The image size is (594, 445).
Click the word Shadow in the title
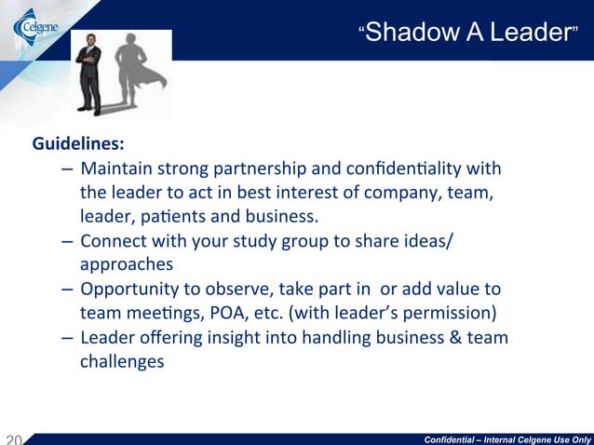tap(421, 34)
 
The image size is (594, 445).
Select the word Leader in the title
tap(532, 34)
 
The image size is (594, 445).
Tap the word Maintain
tap(115, 170)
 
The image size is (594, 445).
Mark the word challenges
tap(121, 361)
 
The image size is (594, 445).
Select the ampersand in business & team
tap(457, 337)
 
